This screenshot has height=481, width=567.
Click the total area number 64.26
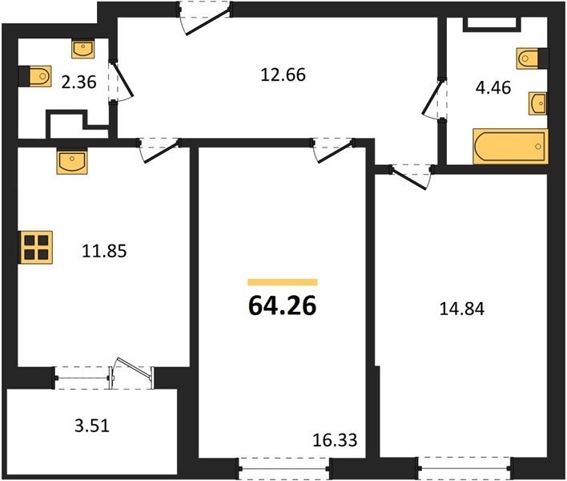point(283,306)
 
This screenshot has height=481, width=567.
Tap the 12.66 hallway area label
point(283,75)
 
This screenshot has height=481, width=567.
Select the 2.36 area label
point(78,82)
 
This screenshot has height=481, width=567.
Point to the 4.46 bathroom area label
point(493,87)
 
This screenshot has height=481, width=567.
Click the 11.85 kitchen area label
point(104,251)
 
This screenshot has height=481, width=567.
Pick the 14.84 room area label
point(462,309)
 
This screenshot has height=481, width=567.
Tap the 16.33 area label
point(335,440)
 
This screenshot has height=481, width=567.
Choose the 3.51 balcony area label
point(92,426)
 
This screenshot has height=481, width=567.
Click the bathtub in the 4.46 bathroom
point(511,146)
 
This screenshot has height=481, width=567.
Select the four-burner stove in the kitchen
point(36,247)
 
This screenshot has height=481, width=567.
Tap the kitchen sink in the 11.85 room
point(72,162)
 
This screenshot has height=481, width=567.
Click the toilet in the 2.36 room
point(36,76)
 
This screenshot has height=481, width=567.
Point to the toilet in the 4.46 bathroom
point(533,58)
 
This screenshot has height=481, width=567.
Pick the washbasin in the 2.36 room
point(83,50)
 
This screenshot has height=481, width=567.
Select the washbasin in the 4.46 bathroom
point(537,103)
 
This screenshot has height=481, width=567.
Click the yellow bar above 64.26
point(283,282)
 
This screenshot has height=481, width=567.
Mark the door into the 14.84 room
point(411,177)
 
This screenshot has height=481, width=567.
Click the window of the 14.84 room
point(464,468)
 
